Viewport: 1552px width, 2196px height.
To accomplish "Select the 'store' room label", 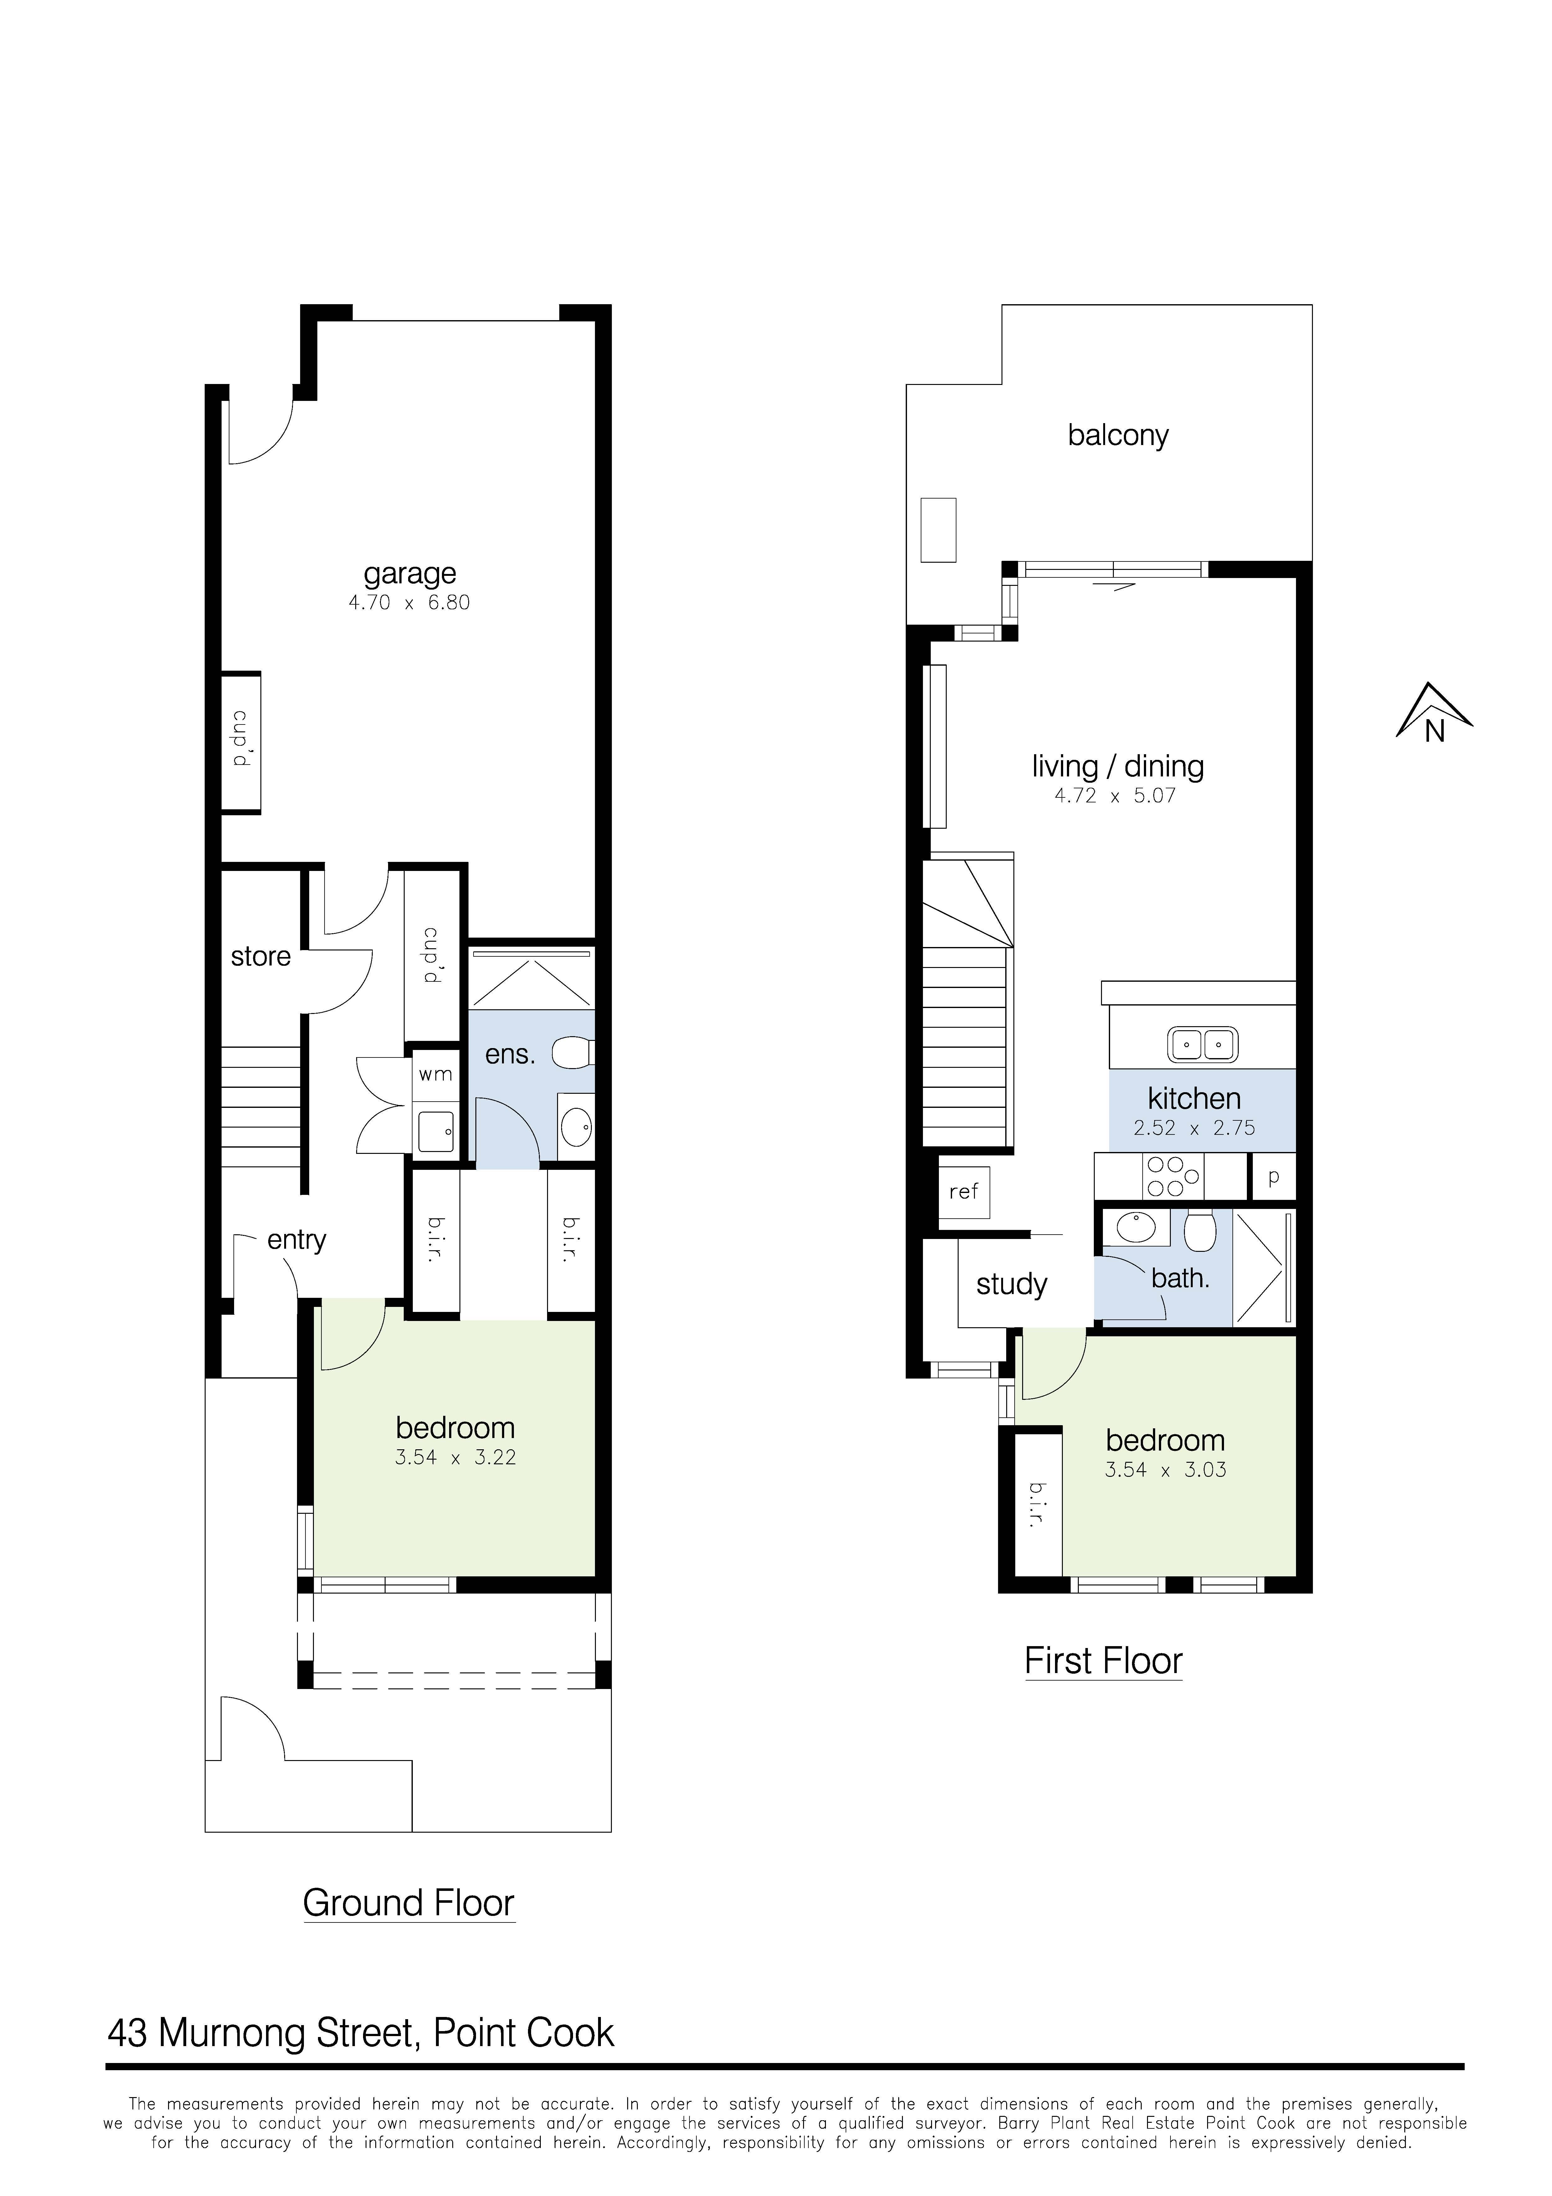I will (260, 956).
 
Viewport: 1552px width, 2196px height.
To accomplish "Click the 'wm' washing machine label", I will (435, 1074).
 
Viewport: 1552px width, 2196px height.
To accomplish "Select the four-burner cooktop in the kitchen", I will (1172, 1176).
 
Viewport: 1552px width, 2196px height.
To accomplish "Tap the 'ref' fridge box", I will (964, 1192).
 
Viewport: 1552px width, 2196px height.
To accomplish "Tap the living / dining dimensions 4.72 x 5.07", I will (1115, 796).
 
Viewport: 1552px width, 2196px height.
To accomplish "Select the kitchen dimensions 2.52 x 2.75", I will (1193, 1129).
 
